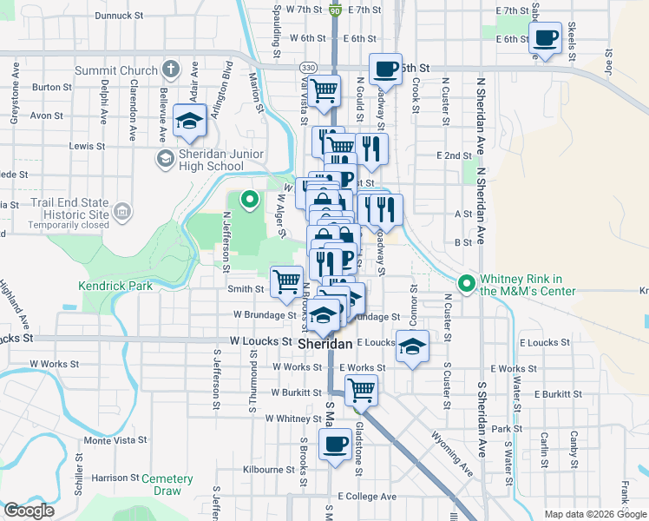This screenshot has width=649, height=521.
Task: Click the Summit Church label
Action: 128,70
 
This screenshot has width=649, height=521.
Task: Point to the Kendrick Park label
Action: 115,285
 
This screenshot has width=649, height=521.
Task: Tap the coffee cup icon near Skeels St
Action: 546,39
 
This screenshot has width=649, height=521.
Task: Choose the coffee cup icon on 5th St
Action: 385,69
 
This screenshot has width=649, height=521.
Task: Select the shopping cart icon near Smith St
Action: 287,281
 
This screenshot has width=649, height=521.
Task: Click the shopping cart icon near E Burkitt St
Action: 361,390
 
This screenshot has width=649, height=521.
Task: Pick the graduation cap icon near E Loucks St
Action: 413,347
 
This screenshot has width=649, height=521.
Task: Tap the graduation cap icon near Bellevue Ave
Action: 189,122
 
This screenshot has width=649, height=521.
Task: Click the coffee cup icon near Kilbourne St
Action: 334,445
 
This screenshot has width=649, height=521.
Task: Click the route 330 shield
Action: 308,68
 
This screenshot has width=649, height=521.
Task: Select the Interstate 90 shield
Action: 335,9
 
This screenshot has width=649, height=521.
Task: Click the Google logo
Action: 29,511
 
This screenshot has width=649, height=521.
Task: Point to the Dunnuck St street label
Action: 119,16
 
